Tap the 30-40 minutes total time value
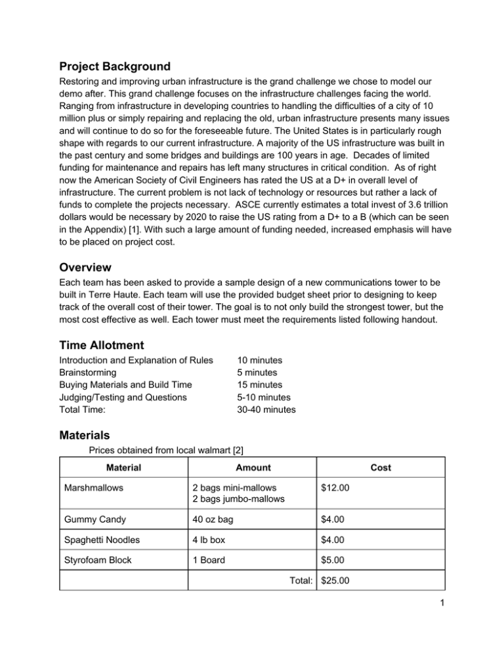point(266,410)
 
